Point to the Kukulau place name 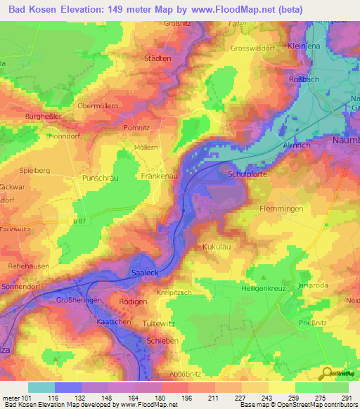tap(217, 247)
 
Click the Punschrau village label tap(102, 178)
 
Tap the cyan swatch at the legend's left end tap(41, 387)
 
